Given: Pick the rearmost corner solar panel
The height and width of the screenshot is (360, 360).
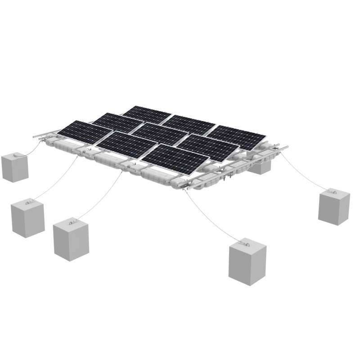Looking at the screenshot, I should pyautogui.click(x=147, y=115).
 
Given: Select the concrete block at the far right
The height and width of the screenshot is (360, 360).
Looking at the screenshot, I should pyautogui.click(x=333, y=207).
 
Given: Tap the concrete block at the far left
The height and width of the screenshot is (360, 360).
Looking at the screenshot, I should pyautogui.click(x=15, y=168).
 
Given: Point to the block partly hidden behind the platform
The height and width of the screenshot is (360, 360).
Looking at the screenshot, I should pyautogui.click(x=261, y=168).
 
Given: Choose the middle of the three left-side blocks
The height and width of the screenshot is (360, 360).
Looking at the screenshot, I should pyautogui.click(x=27, y=219).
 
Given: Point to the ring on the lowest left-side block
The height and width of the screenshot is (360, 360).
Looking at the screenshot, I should pyautogui.click(x=71, y=222).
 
